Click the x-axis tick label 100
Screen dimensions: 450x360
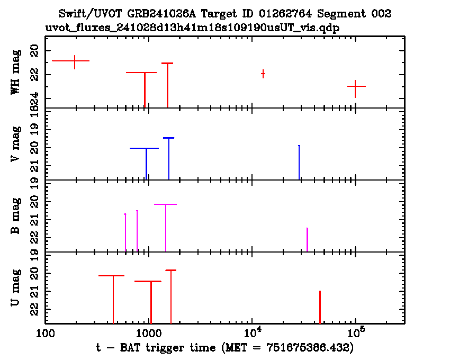coord(45,334)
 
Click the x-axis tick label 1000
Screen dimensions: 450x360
coord(148,334)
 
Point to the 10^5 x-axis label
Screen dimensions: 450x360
coord(356,332)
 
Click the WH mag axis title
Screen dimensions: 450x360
coord(15,72)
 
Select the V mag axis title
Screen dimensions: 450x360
coord(15,144)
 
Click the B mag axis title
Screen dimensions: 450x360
coord(15,216)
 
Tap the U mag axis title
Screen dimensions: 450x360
coord(15,287)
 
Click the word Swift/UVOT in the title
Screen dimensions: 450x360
coord(91,13)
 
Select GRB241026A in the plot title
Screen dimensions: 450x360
coord(162,13)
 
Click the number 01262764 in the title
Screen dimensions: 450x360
coord(285,13)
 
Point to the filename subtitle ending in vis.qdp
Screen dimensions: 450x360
coord(192,28)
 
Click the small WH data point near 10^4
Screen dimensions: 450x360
coord(263,74)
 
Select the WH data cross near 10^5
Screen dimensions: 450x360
coord(356,86)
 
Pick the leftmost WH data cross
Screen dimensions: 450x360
coord(75,61)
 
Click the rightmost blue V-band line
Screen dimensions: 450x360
coord(299,163)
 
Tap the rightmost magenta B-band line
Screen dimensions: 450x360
coord(307,240)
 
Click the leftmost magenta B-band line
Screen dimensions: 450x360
coord(125,232)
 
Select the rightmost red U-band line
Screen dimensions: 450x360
coord(320,307)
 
